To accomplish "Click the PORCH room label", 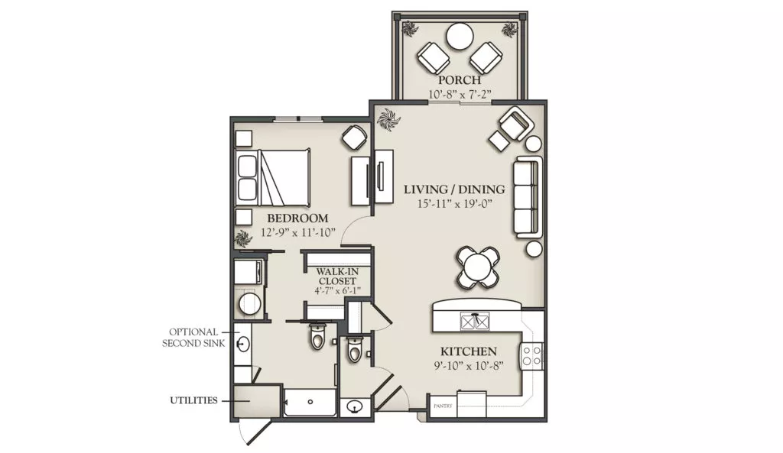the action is [460, 79].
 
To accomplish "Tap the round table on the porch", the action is [460, 36].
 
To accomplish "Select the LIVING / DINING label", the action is [454, 189].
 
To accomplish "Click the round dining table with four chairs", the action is [478, 268].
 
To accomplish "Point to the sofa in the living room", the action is [528, 196].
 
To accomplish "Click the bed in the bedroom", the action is [273, 177].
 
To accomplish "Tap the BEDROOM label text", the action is [297, 218].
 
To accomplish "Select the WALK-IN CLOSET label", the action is [337, 277].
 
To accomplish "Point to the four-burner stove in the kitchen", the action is [532, 354].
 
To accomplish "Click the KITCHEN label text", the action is [469, 351].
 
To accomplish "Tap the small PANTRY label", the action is [443, 406].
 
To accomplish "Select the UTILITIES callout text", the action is [193, 400].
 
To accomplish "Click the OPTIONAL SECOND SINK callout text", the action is [193, 338].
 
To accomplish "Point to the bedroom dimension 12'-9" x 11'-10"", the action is [297, 232].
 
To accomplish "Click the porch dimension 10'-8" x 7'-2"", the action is [460, 94].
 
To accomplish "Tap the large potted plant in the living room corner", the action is [388, 120].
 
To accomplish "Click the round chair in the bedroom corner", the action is [355, 138].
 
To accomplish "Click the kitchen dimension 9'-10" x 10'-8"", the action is [469, 366].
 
